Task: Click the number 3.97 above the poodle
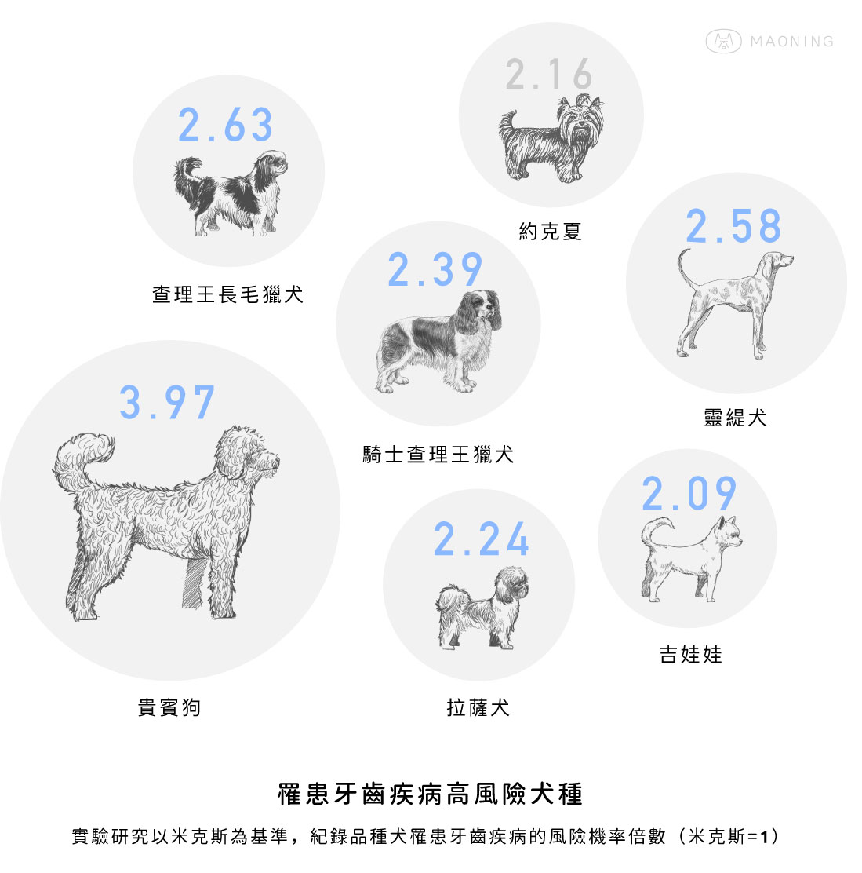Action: pos(167,402)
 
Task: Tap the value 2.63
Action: pos(225,125)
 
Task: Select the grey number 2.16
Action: pos(549,74)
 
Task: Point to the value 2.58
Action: pos(733,226)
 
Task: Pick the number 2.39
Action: pos(435,269)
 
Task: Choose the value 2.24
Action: pos(481,539)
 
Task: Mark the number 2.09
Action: pos(689,493)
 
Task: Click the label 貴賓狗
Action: pos(169,707)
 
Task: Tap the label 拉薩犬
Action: pos(478,707)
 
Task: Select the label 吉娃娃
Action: pos(690,654)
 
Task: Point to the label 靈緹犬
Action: pos(735,417)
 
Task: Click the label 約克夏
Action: pos(550,231)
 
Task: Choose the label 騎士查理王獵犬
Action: pos(438,455)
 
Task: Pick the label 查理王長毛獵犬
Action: pos(228,294)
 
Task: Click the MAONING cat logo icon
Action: pos(723,41)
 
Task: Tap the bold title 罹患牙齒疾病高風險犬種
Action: pos(430,794)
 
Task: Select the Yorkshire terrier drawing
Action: pos(551,139)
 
